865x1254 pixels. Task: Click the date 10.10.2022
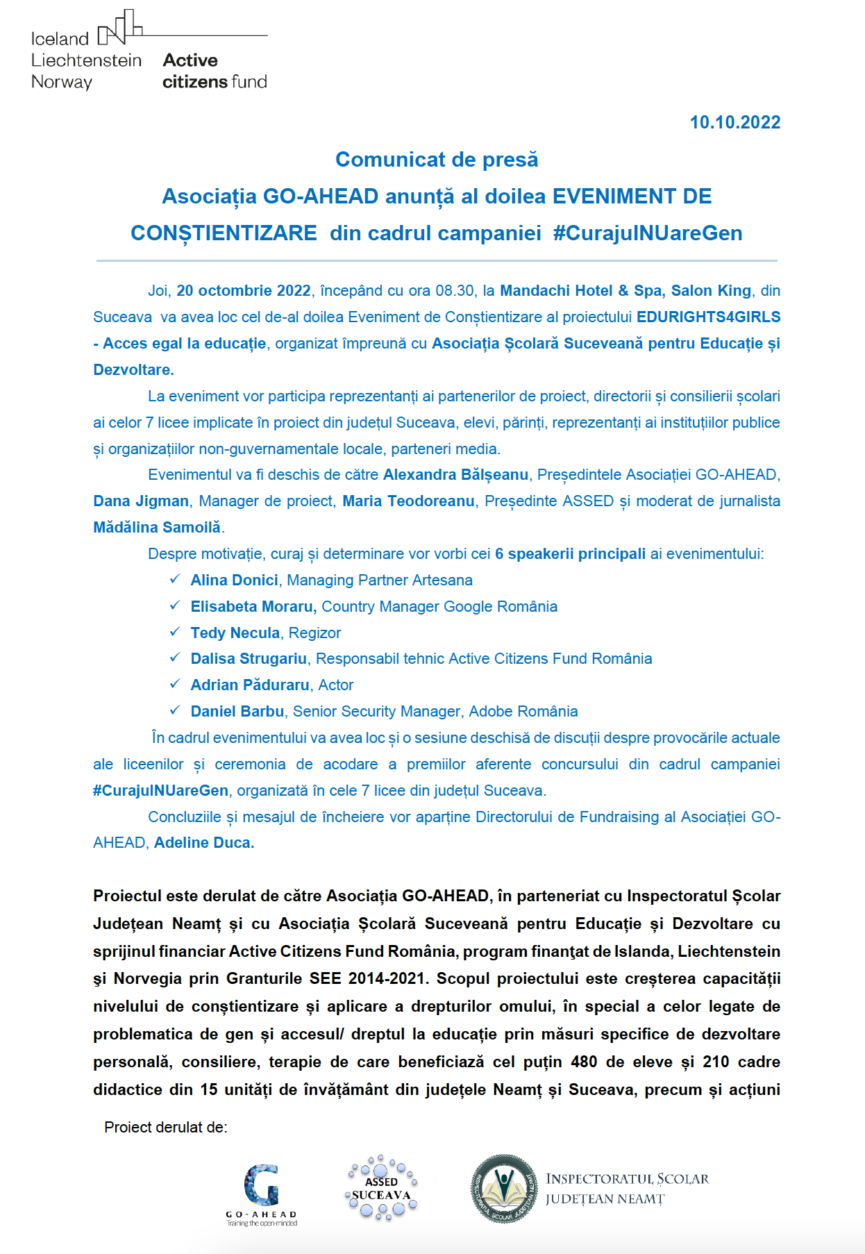tap(734, 123)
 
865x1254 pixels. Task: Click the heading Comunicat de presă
tap(437, 160)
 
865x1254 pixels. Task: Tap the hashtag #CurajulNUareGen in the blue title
tap(647, 233)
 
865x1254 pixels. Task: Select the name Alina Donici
tap(234, 580)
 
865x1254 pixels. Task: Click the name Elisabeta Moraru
tap(253, 607)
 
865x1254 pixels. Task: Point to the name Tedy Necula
tap(235, 633)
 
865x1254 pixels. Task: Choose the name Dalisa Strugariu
tap(249, 659)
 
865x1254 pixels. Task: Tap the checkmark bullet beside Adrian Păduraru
tap(175, 684)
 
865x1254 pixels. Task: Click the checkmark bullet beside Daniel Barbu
tap(175, 710)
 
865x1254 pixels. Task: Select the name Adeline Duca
tap(203, 843)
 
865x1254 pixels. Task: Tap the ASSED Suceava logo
tap(381, 1188)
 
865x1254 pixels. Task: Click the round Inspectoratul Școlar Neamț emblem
tap(504, 1188)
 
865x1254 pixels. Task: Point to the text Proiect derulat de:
tap(166, 1128)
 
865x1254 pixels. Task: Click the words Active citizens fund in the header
tap(215, 72)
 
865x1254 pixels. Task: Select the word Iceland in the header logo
tap(60, 39)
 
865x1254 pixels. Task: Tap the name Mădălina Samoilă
tap(157, 528)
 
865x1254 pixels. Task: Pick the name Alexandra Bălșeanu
tap(455, 475)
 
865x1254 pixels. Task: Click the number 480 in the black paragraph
tap(584, 1062)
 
